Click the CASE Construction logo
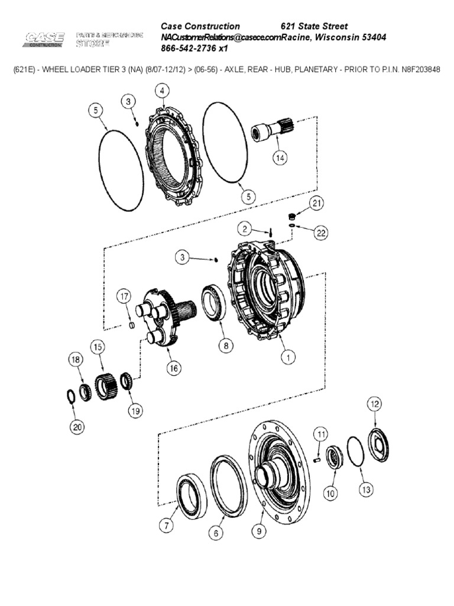(44, 40)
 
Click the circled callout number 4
(161, 91)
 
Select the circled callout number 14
(279, 157)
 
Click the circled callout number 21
(317, 204)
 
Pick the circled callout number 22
(320, 233)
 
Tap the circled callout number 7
(167, 524)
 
